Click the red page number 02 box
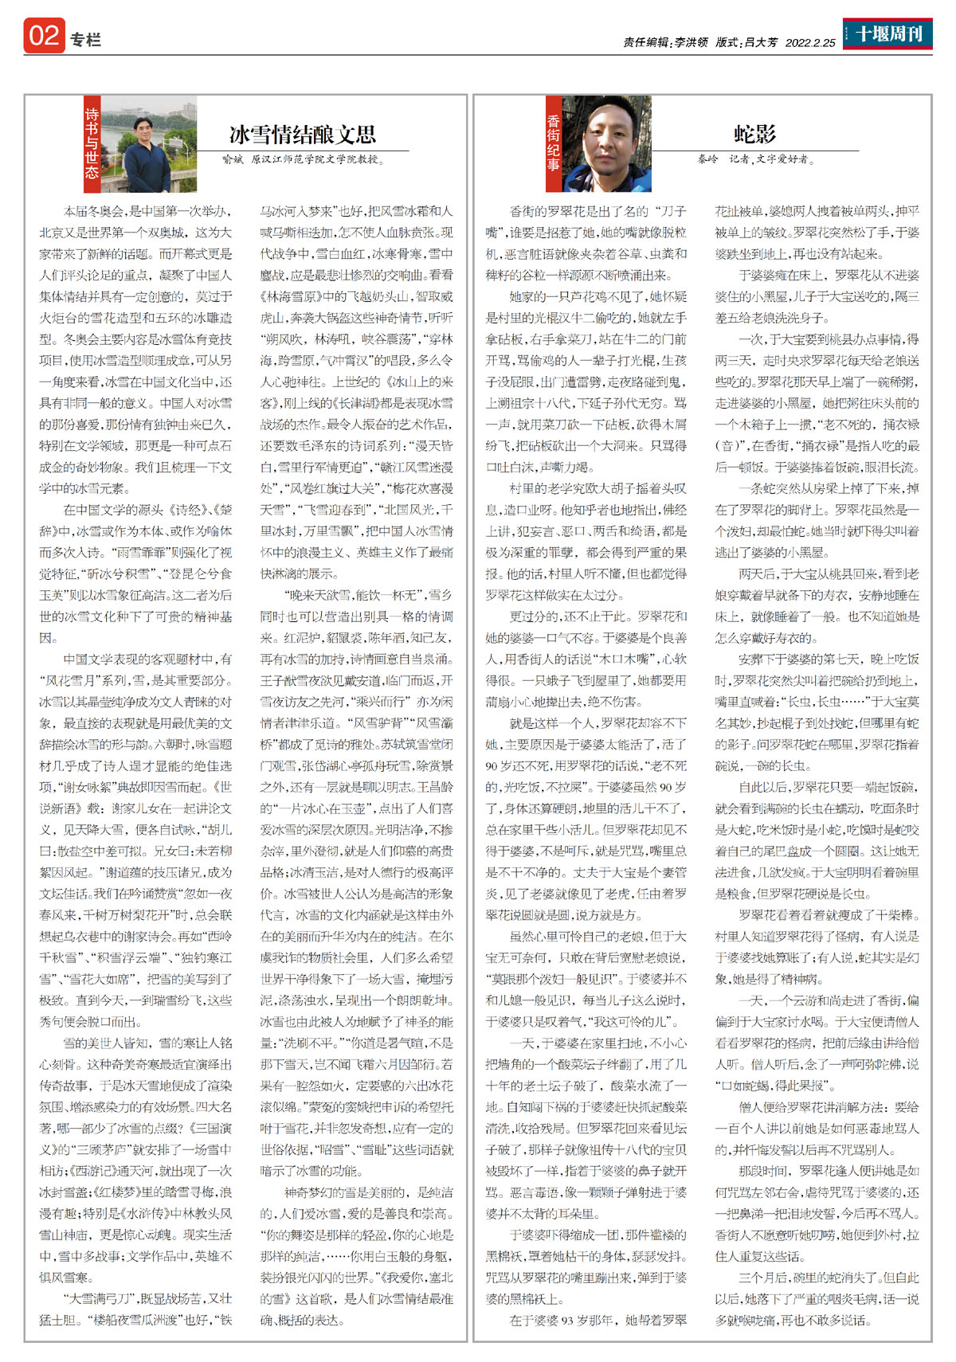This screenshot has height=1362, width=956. coord(44,37)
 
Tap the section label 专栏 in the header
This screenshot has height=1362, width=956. coord(85,40)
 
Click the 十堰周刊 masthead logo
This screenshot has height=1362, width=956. coord(887,33)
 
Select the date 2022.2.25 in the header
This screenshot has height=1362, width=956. coord(810,43)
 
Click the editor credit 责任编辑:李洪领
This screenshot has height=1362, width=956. coord(665,43)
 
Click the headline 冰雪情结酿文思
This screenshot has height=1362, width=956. coord(303,134)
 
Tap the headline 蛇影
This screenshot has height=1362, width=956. coord(754,134)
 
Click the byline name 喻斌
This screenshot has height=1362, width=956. coord(233,159)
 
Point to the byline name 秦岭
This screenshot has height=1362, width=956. coord(707,159)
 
